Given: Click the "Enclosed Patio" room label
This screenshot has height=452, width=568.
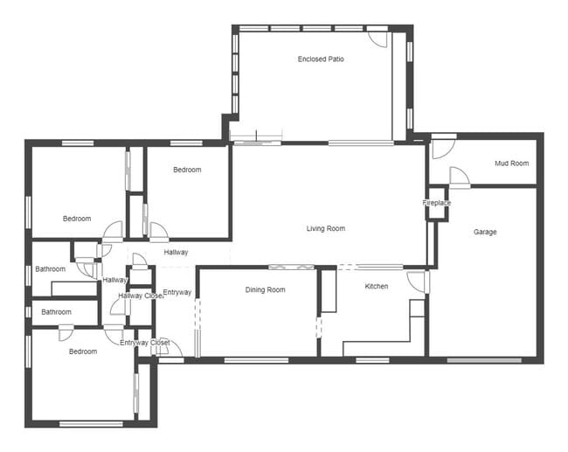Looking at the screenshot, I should (321, 59).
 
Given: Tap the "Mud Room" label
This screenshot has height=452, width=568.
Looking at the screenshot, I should (511, 163).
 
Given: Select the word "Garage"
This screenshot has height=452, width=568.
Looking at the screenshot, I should (485, 232).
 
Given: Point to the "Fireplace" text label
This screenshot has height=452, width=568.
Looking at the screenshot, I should (437, 203).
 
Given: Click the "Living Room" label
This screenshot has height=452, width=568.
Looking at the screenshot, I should (325, 229).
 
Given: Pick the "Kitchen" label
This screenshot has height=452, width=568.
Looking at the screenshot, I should (376, 287).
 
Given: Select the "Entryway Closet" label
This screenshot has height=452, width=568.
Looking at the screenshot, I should (145, 343).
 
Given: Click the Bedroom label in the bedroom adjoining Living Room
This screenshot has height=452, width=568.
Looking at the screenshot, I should (187, 170).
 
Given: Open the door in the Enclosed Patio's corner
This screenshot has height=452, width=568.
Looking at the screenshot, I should (377, 38).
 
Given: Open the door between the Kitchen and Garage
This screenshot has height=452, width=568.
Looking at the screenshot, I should (418, 282).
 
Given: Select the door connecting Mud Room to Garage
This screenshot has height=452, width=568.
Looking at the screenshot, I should (459, 177).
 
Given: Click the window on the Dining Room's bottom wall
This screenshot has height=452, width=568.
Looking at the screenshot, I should (256, 359).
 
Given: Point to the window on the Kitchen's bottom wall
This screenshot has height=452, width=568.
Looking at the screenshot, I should (372, 359).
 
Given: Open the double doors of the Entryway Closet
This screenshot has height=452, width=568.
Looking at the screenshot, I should (163, 347).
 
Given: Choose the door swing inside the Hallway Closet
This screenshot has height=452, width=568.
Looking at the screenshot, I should (119, 306).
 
